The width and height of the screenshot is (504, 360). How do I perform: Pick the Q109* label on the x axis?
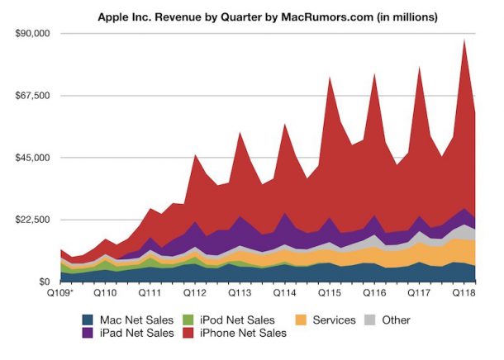click(x=60, y=293)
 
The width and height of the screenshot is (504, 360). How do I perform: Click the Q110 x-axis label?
click(x=105, y=293)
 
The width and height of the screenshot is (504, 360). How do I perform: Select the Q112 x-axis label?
click(x=194, y=293)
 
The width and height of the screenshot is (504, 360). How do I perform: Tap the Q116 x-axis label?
click(x=373, y=293)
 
